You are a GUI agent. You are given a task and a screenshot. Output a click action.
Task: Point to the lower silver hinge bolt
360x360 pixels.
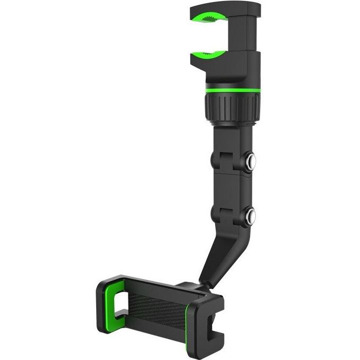pyautogui.click(x=250, y=216)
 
